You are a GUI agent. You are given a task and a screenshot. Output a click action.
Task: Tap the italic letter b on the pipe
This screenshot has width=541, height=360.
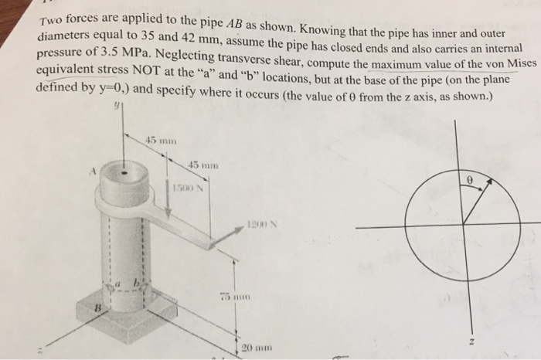[x=138, y=286]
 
